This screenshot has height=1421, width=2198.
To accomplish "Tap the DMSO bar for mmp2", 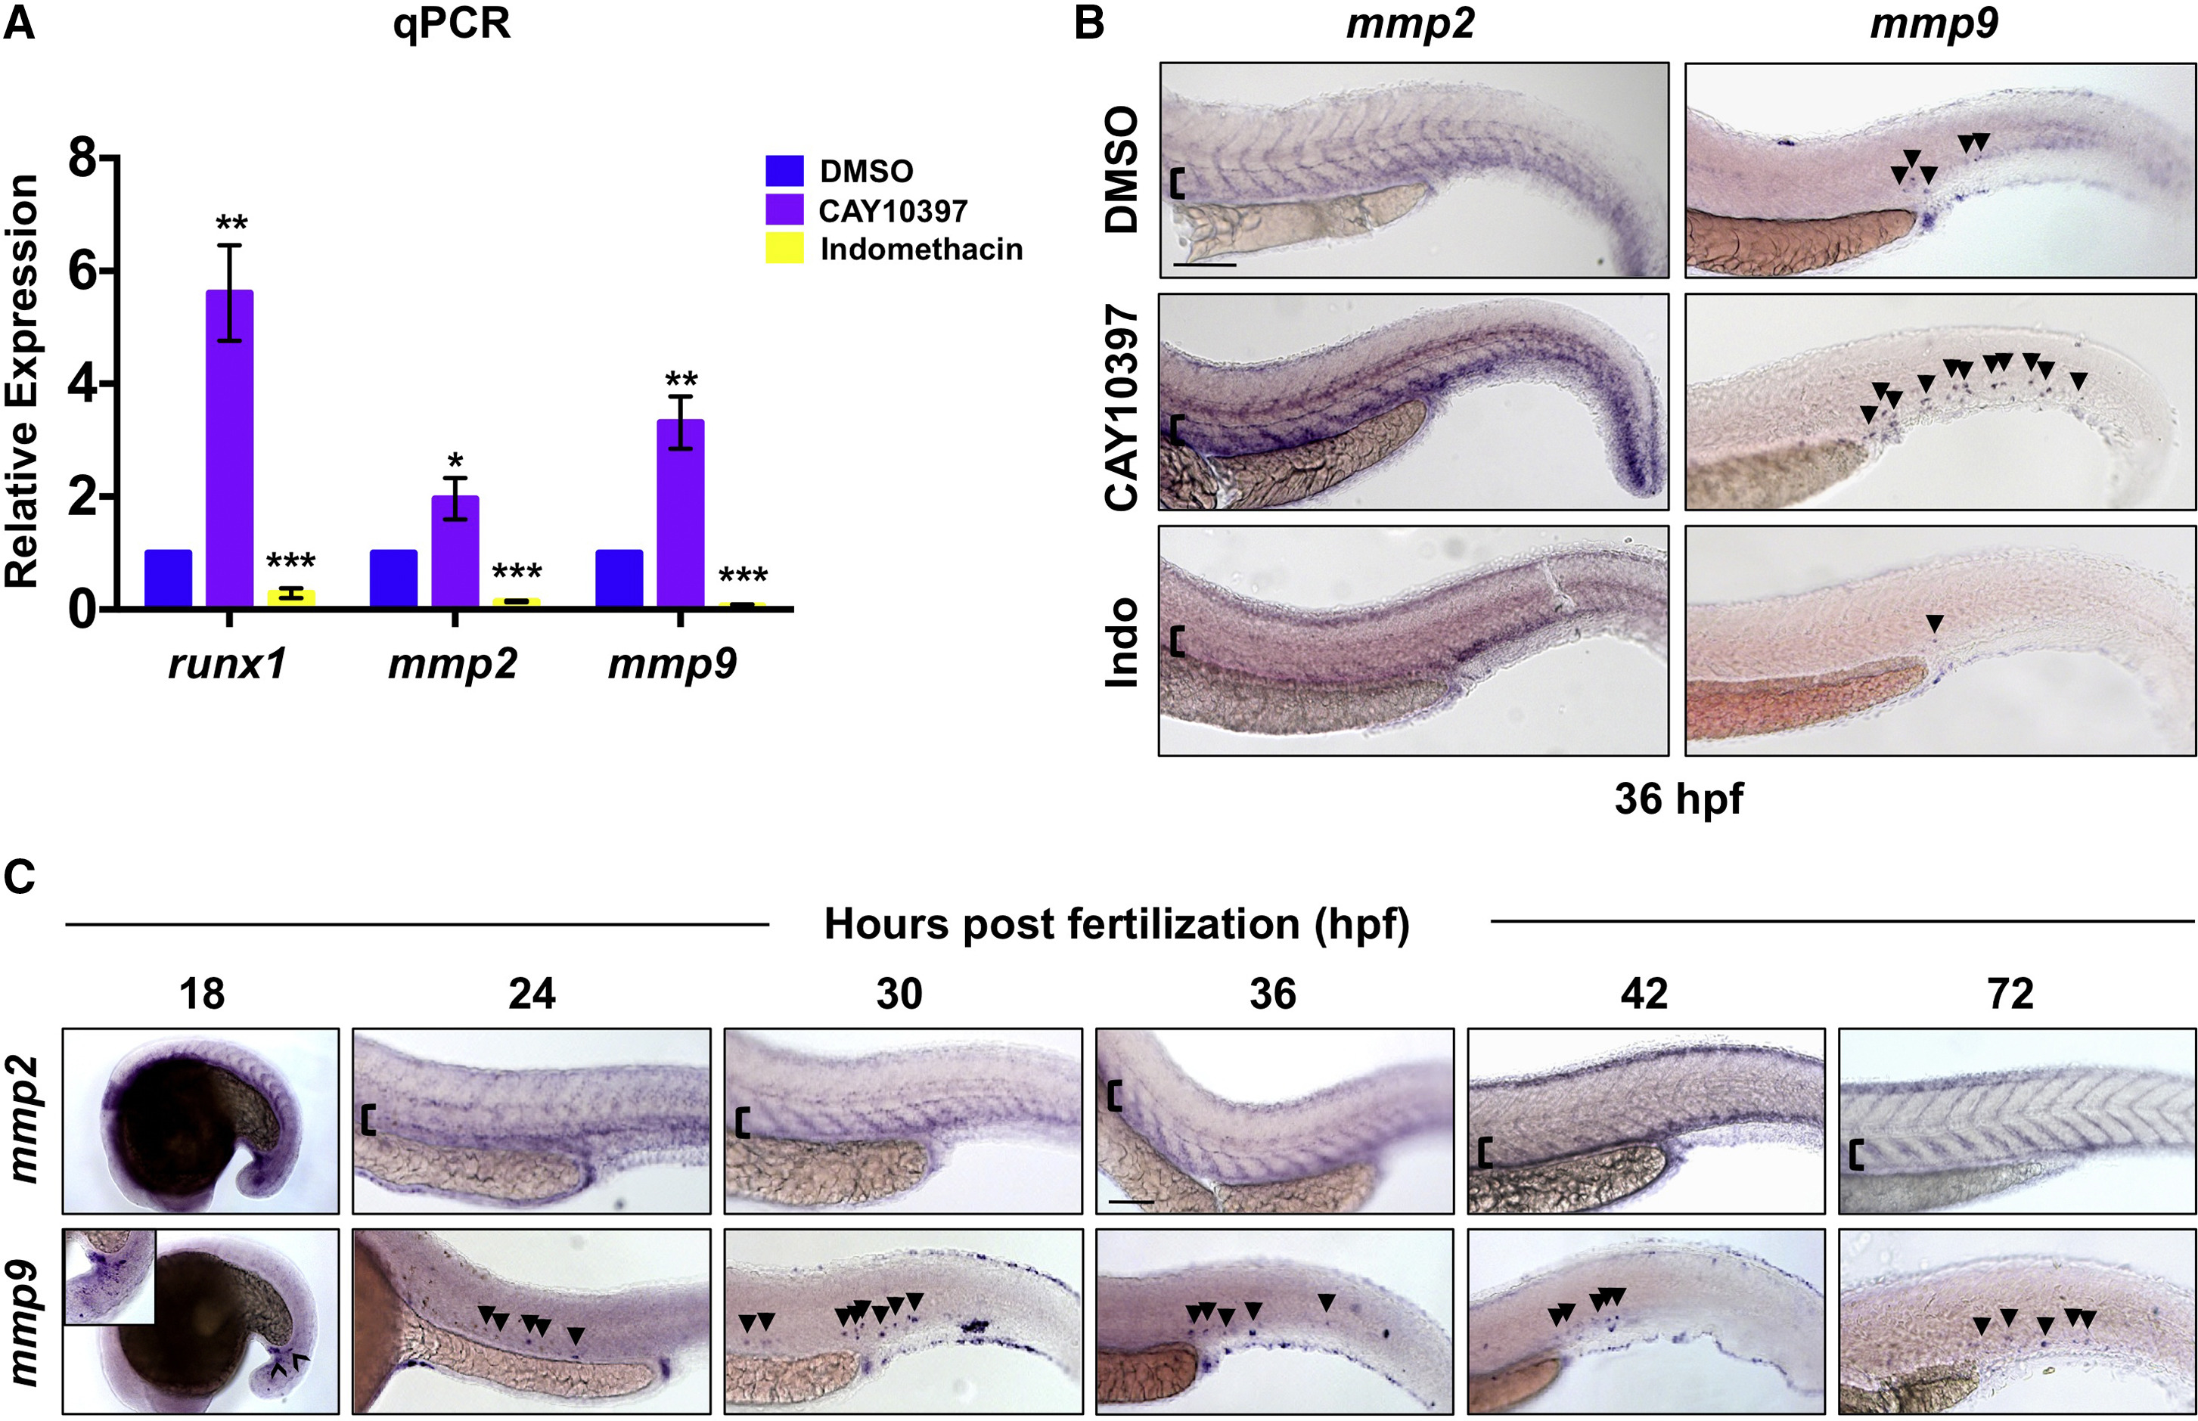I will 393,579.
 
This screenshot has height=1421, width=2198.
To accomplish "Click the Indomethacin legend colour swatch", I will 784,249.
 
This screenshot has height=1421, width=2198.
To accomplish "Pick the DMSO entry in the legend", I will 865,172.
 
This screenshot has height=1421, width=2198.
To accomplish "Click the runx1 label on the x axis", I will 227,664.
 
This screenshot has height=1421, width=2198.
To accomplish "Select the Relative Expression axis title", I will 22,381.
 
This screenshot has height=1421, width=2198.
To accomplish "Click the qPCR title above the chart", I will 452,24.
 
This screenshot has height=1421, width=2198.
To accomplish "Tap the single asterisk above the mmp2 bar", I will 455,461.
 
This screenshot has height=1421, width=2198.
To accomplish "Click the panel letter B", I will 1089,24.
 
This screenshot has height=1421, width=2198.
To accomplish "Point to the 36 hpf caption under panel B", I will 1678,799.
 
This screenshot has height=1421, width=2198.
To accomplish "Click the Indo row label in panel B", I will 1122,642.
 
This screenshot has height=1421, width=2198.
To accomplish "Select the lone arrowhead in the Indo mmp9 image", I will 1934,624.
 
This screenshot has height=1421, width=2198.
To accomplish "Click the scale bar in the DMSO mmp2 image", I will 1204,265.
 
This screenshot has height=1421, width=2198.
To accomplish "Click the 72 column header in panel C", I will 2010,994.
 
